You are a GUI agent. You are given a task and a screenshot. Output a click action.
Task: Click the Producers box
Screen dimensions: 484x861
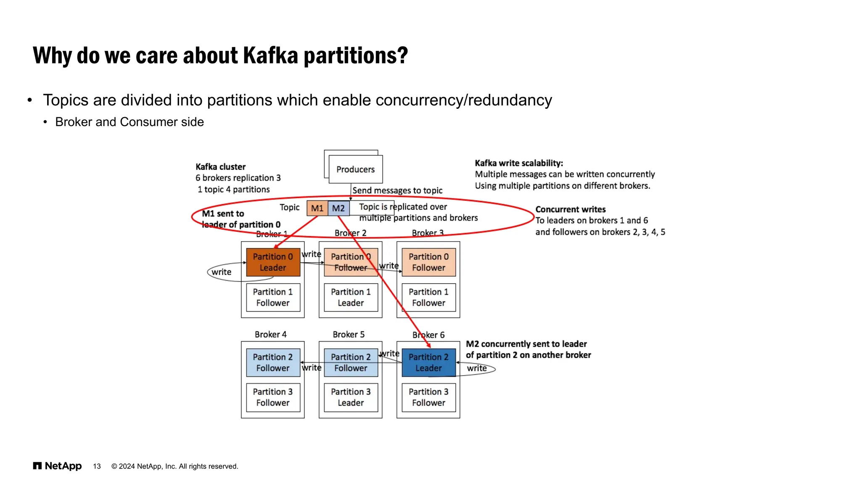click(355, 169)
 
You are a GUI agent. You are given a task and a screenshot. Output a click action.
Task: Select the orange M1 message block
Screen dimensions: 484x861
click(317, 208)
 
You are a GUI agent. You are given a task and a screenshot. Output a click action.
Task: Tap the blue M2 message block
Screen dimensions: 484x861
click(338, 208)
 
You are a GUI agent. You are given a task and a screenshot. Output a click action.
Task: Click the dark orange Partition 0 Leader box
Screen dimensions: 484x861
click(273, 262)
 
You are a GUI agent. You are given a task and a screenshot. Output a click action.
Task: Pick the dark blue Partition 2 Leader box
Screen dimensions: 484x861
click(428, 362)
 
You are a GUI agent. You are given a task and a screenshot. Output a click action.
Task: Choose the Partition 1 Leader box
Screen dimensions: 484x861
click(351, 297)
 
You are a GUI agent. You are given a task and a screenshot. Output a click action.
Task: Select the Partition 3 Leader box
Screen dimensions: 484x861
click(351, 397)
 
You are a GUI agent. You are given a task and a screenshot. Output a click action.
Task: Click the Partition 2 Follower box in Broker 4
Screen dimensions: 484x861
click(273, 362)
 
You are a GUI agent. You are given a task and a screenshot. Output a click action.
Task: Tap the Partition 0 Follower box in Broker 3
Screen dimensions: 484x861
click(428, 262)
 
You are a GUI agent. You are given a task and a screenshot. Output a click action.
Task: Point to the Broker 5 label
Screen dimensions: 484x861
click(349, 334)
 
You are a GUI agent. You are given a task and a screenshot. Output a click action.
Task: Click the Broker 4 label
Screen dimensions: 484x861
click(271, 334)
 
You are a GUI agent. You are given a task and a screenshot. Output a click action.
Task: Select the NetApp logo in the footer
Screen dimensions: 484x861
click(58, 466)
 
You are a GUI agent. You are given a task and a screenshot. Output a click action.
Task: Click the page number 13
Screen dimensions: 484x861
click(97, 466)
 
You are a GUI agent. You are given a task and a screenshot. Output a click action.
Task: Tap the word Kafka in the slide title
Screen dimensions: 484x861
click(270, 55)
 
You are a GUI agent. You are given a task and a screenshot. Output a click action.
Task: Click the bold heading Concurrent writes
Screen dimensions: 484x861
click(570, 209)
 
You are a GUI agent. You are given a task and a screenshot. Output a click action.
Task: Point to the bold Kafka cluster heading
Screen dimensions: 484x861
click(220, 167)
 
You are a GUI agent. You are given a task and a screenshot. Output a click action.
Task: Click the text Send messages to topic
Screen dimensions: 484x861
click(397, 190)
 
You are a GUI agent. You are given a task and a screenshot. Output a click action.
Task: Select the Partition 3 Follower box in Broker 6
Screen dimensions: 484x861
click(428, 397)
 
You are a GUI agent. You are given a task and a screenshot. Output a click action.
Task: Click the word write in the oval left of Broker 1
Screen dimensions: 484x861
click(222, 272)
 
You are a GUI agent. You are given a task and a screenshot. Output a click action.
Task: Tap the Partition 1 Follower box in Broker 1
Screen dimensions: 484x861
click(273, 297)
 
